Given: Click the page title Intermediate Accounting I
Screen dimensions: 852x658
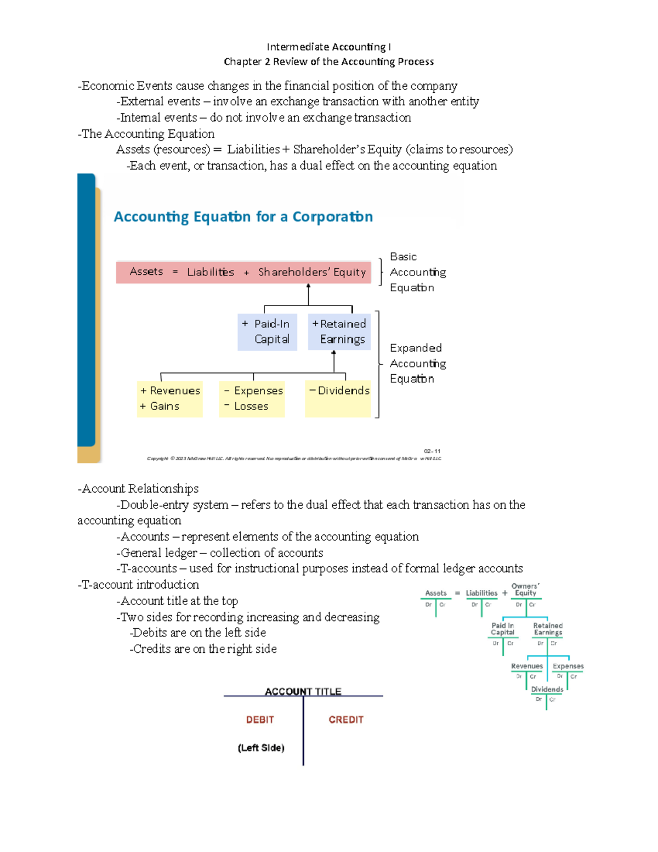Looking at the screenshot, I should (328, 47).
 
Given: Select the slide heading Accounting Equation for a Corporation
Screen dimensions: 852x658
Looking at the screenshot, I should (243, 217).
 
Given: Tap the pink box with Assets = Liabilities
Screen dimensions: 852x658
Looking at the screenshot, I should (243, 272).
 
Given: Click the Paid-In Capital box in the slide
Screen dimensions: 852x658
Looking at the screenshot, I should (268, 332).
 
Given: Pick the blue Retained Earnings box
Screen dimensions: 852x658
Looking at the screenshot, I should (339, 332).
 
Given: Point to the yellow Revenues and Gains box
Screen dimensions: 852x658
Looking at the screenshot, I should (170, 399).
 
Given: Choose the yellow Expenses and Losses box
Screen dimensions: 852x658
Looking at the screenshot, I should (252, 399).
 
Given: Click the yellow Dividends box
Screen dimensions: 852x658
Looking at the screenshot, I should (338, 398).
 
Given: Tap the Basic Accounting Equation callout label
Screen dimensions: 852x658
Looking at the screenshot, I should (417, 272).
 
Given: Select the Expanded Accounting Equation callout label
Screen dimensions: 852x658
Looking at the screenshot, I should (417, 363).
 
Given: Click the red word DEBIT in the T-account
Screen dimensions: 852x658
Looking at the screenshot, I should (260, 720).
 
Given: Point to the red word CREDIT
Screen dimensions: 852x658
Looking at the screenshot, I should (346, 720).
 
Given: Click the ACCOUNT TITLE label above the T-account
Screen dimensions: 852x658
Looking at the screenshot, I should (303, 691).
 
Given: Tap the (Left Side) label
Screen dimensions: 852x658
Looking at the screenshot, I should (261, 748).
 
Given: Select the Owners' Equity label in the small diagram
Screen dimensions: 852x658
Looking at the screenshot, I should (525, 590).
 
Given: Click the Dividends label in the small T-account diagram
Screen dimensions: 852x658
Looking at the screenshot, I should (547, 690).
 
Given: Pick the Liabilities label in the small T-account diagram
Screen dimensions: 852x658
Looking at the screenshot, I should (481, 593).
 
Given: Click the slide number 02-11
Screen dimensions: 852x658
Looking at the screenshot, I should (432, 452).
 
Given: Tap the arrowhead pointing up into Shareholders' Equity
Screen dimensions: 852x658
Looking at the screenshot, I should (309, 286).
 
